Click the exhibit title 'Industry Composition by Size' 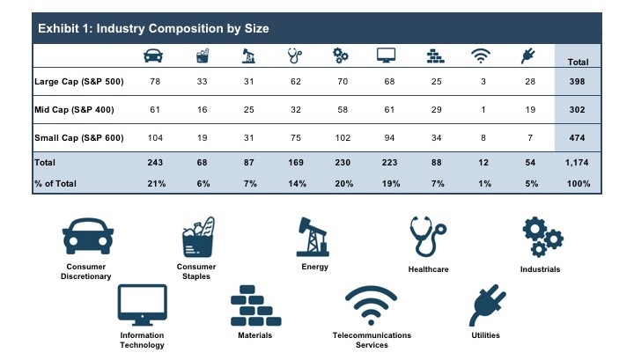click(152, 28)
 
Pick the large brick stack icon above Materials click(254, 307)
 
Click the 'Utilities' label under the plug click(485, 335)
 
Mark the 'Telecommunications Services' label click(371, 340)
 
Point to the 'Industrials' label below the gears click(540, 268)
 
